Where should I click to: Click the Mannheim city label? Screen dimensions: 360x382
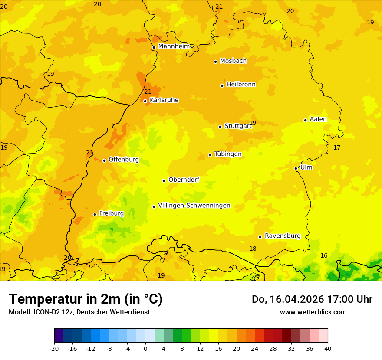pos(174,46)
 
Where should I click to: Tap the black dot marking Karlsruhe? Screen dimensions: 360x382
pos(145,101)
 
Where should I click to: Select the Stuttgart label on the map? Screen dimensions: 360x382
pos(238,126)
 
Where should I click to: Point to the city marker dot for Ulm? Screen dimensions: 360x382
pos(296,168)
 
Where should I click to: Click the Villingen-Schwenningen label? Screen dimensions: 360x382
pos(194,206)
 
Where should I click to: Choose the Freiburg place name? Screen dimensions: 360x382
pos(111,213)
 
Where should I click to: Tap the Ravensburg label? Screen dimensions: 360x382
pos(283,236)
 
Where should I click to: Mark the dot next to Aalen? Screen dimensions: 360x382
pos(306,120)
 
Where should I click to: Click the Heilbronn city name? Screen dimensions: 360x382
pos(241,85)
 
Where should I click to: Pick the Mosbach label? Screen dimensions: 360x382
pos(233,61)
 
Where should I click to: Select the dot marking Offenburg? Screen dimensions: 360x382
pos(104,160)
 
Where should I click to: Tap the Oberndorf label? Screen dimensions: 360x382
pos(184,180)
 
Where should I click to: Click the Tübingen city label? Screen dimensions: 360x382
pos(228,154)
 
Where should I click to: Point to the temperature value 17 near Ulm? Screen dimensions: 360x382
pos(337,148)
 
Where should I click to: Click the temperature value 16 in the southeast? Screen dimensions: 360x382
pos(324,256)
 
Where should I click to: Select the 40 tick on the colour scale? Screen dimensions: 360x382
pos(327,349)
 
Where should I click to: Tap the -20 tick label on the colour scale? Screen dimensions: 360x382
pos(54,349)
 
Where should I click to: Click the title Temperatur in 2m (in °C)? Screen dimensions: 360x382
pos(86,299)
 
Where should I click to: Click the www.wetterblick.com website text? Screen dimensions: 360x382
pos(313,312)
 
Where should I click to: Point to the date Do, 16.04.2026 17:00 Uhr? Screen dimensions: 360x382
pos(312,299)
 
